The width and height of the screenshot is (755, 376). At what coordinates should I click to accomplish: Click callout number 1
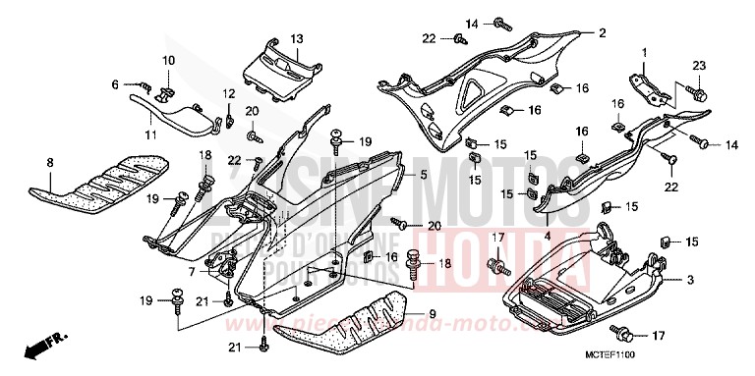645,51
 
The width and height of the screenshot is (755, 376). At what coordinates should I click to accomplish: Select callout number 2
600,32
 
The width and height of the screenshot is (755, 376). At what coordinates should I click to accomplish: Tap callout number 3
690,280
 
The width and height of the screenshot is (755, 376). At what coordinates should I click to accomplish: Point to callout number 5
395,175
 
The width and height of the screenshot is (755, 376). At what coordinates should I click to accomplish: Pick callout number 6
114,85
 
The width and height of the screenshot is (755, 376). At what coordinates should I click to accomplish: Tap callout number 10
168,61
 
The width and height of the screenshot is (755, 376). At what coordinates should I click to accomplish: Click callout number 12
228,93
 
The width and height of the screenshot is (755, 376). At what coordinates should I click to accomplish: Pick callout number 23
699,66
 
